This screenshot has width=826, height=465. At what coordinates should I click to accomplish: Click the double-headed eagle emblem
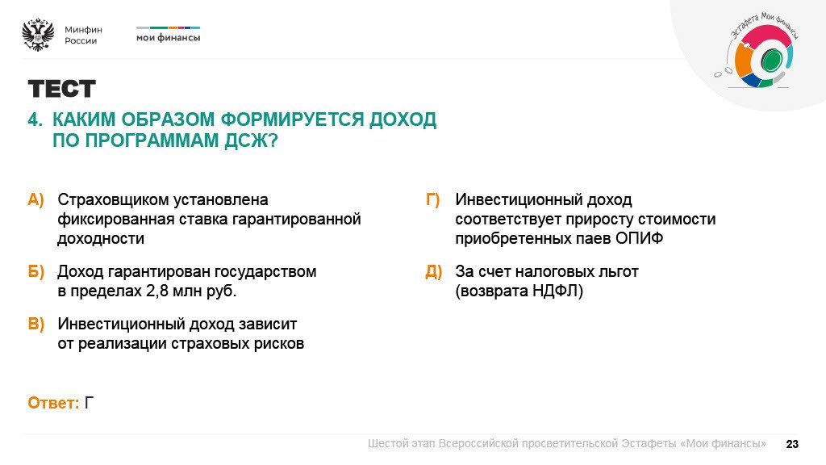click(x=38, y=35)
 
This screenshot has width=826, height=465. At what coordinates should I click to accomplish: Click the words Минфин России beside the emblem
click(x=83, y=35)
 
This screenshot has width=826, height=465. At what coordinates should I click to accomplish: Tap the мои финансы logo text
click(x=168, y=37)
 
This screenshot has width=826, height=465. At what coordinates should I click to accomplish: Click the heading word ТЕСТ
click(x=61, y=89)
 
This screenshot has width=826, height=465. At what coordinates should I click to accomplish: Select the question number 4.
click(x=35, y=120)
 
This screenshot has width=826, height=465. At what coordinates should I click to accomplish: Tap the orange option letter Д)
click(x=433, y=272)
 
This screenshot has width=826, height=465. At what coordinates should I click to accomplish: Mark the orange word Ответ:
click(x=53, y=403)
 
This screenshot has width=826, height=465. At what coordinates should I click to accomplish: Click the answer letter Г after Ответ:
click(x=90, y=403)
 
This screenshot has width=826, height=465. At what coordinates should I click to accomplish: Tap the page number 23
click(x=792, y=444)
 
